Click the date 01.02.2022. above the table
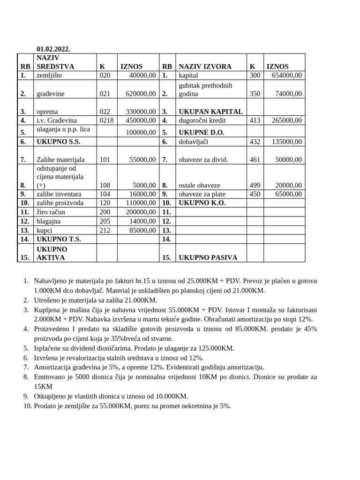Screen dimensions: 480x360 coord(53,49)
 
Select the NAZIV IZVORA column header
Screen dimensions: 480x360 coord(205,67)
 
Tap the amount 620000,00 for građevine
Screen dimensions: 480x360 coord(141,94)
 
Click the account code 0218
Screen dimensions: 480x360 coord(106,120)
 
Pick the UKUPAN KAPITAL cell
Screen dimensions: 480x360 coord(210,112)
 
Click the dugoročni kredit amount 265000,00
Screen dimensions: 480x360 coord(287,120)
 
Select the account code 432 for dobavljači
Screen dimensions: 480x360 coord(255,142)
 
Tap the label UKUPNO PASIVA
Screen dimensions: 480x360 coord(208,257)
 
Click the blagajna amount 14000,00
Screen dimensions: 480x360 coord(142,221)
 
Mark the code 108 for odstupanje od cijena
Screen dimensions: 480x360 coord(105,185)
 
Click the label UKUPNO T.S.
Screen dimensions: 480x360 coord(59,239)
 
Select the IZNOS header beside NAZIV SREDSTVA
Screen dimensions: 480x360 coord(131,67)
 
